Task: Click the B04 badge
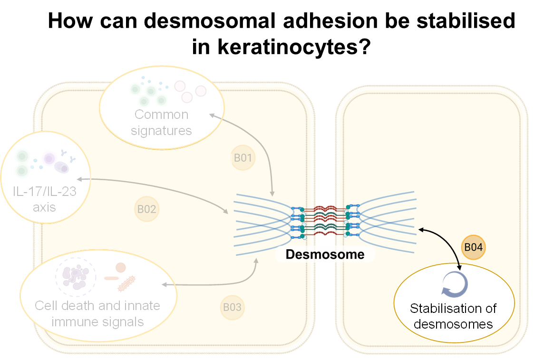473,247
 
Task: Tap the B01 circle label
243,157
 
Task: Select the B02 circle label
146,209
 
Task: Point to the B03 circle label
232,307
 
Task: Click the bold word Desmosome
325,254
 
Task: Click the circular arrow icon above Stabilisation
455,284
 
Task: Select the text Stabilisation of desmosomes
453,316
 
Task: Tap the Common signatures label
161,122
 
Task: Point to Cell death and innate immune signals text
97,314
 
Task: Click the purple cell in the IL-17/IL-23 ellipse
49,159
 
